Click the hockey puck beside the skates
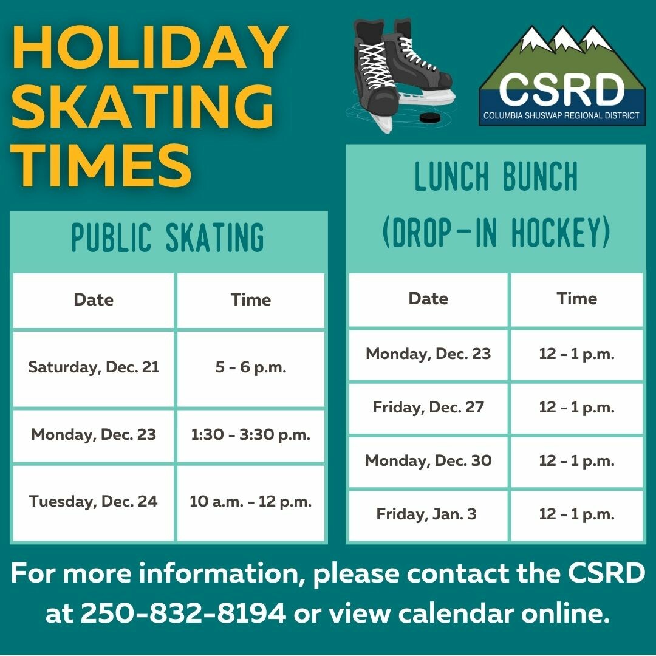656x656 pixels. [x=429, y=118]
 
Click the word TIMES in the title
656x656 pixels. [x=101, y=165]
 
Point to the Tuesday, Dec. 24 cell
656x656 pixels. [x=94, y=503]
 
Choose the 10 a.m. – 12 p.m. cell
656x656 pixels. [x=251, y=503]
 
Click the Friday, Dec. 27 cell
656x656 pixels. [x=428, y=408]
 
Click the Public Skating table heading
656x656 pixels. [x=168, y=237]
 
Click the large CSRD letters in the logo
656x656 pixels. [x=561, y=89]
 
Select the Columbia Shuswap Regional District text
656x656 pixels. [x=561, y=115]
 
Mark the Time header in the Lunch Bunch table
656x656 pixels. [x=576, y=299]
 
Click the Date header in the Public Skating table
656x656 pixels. [x=94, y=300]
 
